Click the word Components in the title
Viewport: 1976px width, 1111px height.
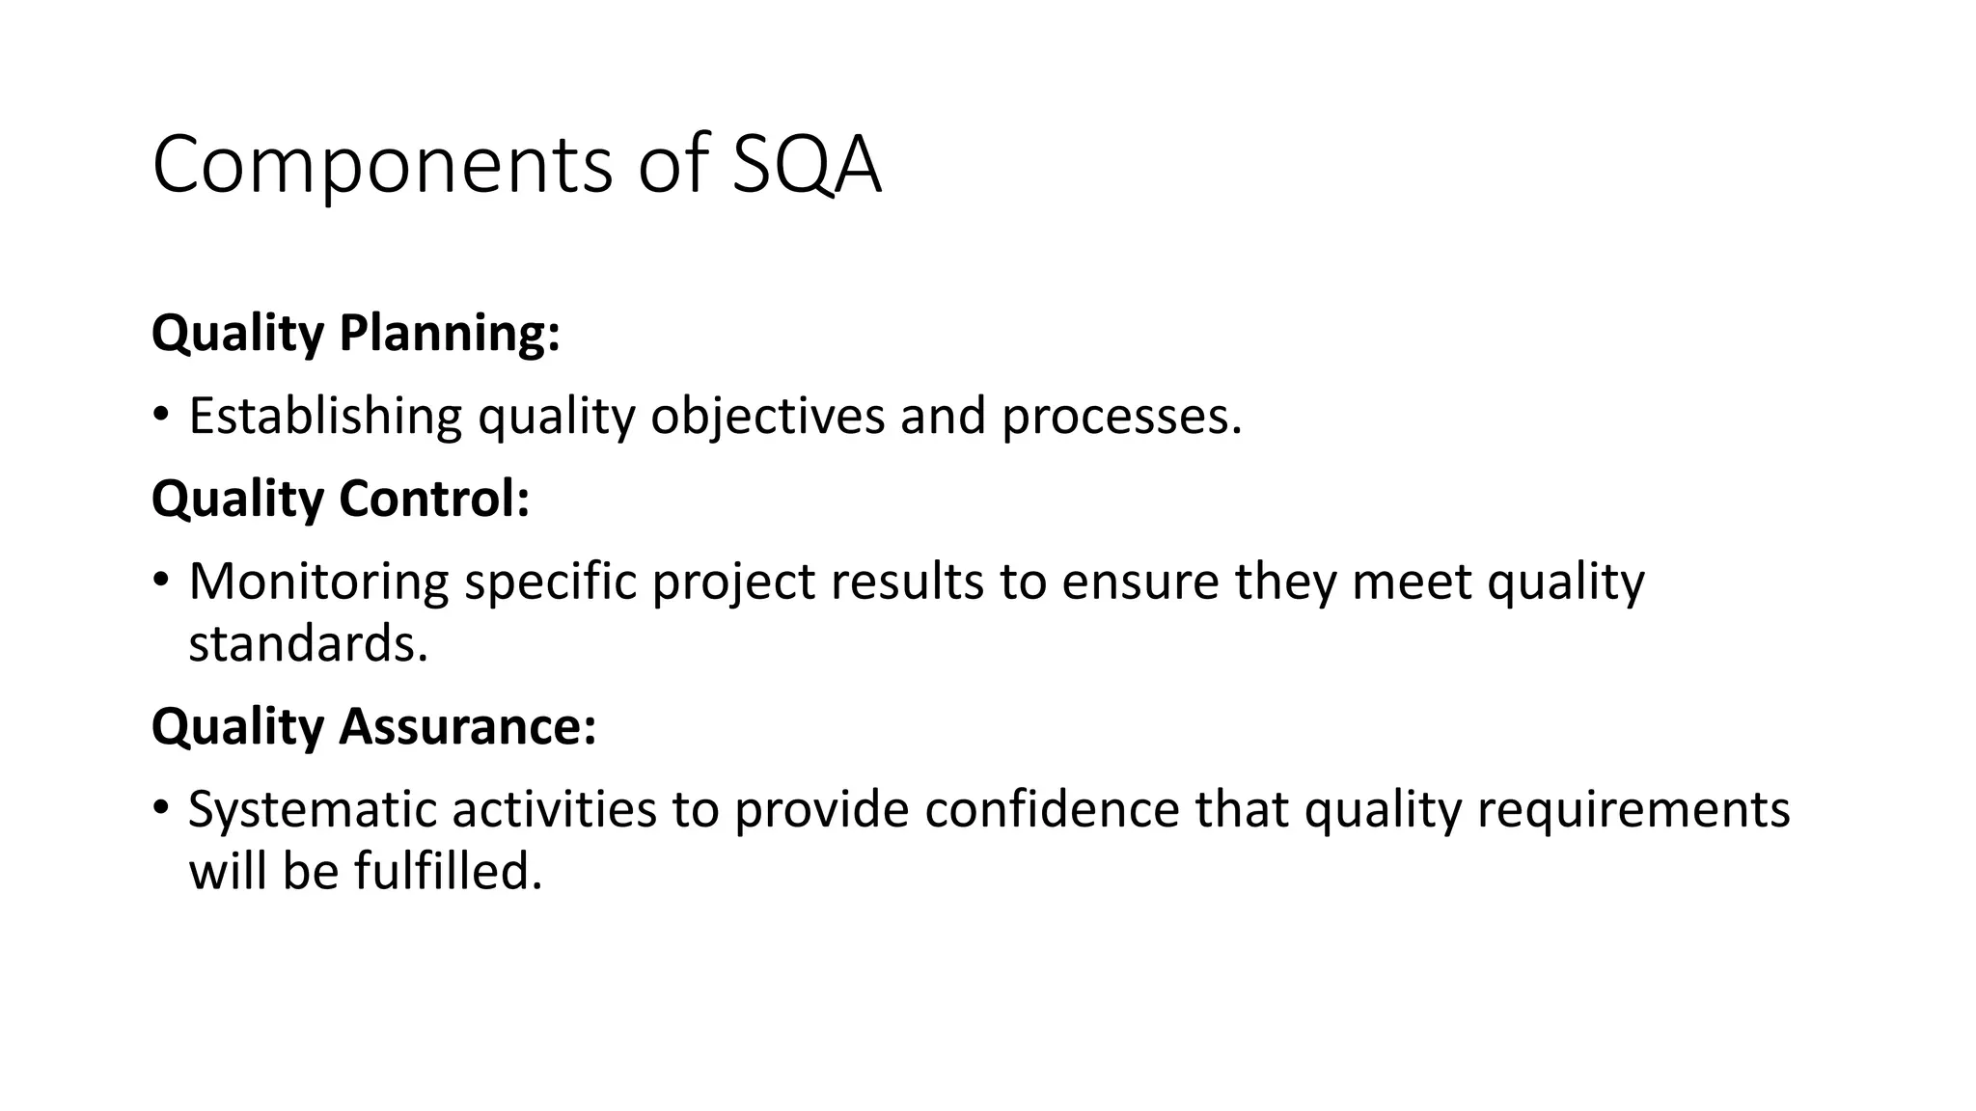click(x=382, y=166)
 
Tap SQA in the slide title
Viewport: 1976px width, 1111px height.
click(x=807, y=166)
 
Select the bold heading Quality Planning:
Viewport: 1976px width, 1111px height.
click(x=356, y=334)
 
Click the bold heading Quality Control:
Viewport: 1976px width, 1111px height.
click(x=341, y=500)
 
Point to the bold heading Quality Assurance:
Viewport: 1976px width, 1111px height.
click(x=374, y=726)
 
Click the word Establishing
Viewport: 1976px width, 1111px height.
click(x=325, y=417)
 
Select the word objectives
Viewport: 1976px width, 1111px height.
click(x=767, y=417)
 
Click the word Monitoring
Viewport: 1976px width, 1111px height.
click(x=318, y=582)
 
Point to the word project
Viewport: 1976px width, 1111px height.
click(x=733, y=583)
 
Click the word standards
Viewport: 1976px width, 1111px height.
click(x=308, y=643)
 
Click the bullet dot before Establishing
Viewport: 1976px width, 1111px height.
click(x=160, y=416)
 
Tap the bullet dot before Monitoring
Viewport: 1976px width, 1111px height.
click(x=160, y=581)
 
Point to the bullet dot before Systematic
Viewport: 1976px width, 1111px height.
click(x=160, y=808)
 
